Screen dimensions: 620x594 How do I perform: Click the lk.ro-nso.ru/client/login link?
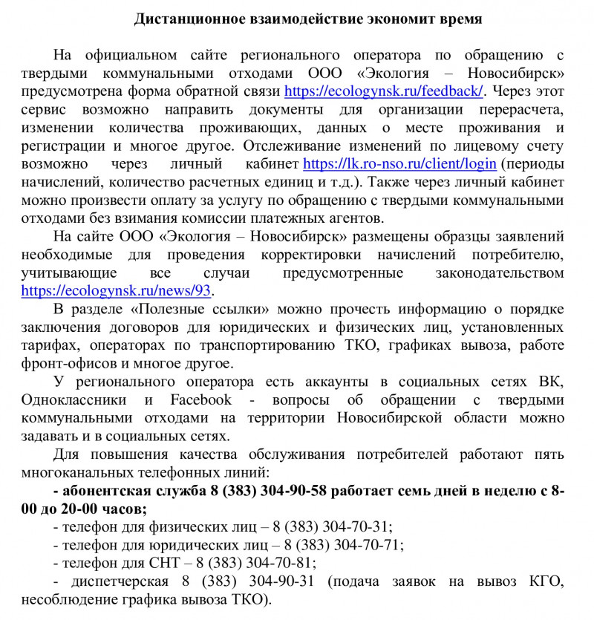pyautogui.click(x=400, y=163)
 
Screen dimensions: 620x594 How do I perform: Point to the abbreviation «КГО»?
pyautogui.click(x=546, y=581)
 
